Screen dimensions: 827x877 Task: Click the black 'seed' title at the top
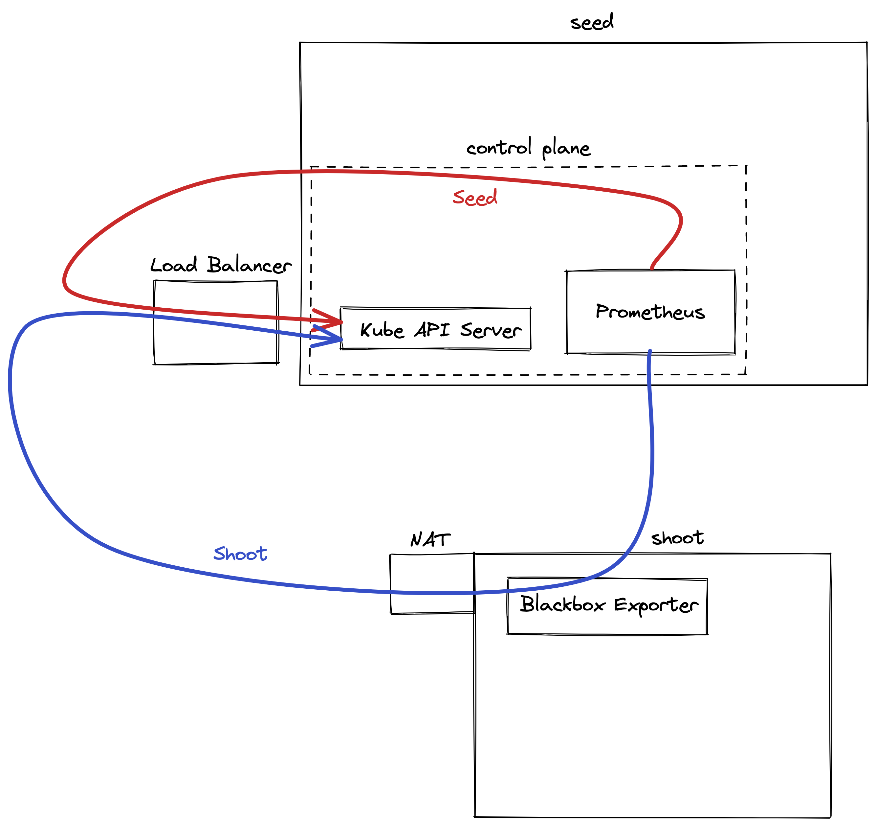592,22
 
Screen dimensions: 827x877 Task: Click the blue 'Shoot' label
240,554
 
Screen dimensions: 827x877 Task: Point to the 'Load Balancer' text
221,265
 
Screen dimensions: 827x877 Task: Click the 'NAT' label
430,540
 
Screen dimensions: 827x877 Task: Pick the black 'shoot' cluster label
677,538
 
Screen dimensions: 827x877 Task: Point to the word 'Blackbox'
562,604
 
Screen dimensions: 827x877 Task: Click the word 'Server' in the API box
491,330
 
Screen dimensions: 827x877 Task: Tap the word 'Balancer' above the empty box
249,265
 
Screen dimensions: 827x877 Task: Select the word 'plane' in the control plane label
566,149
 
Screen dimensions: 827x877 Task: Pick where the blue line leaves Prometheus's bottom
650,352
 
